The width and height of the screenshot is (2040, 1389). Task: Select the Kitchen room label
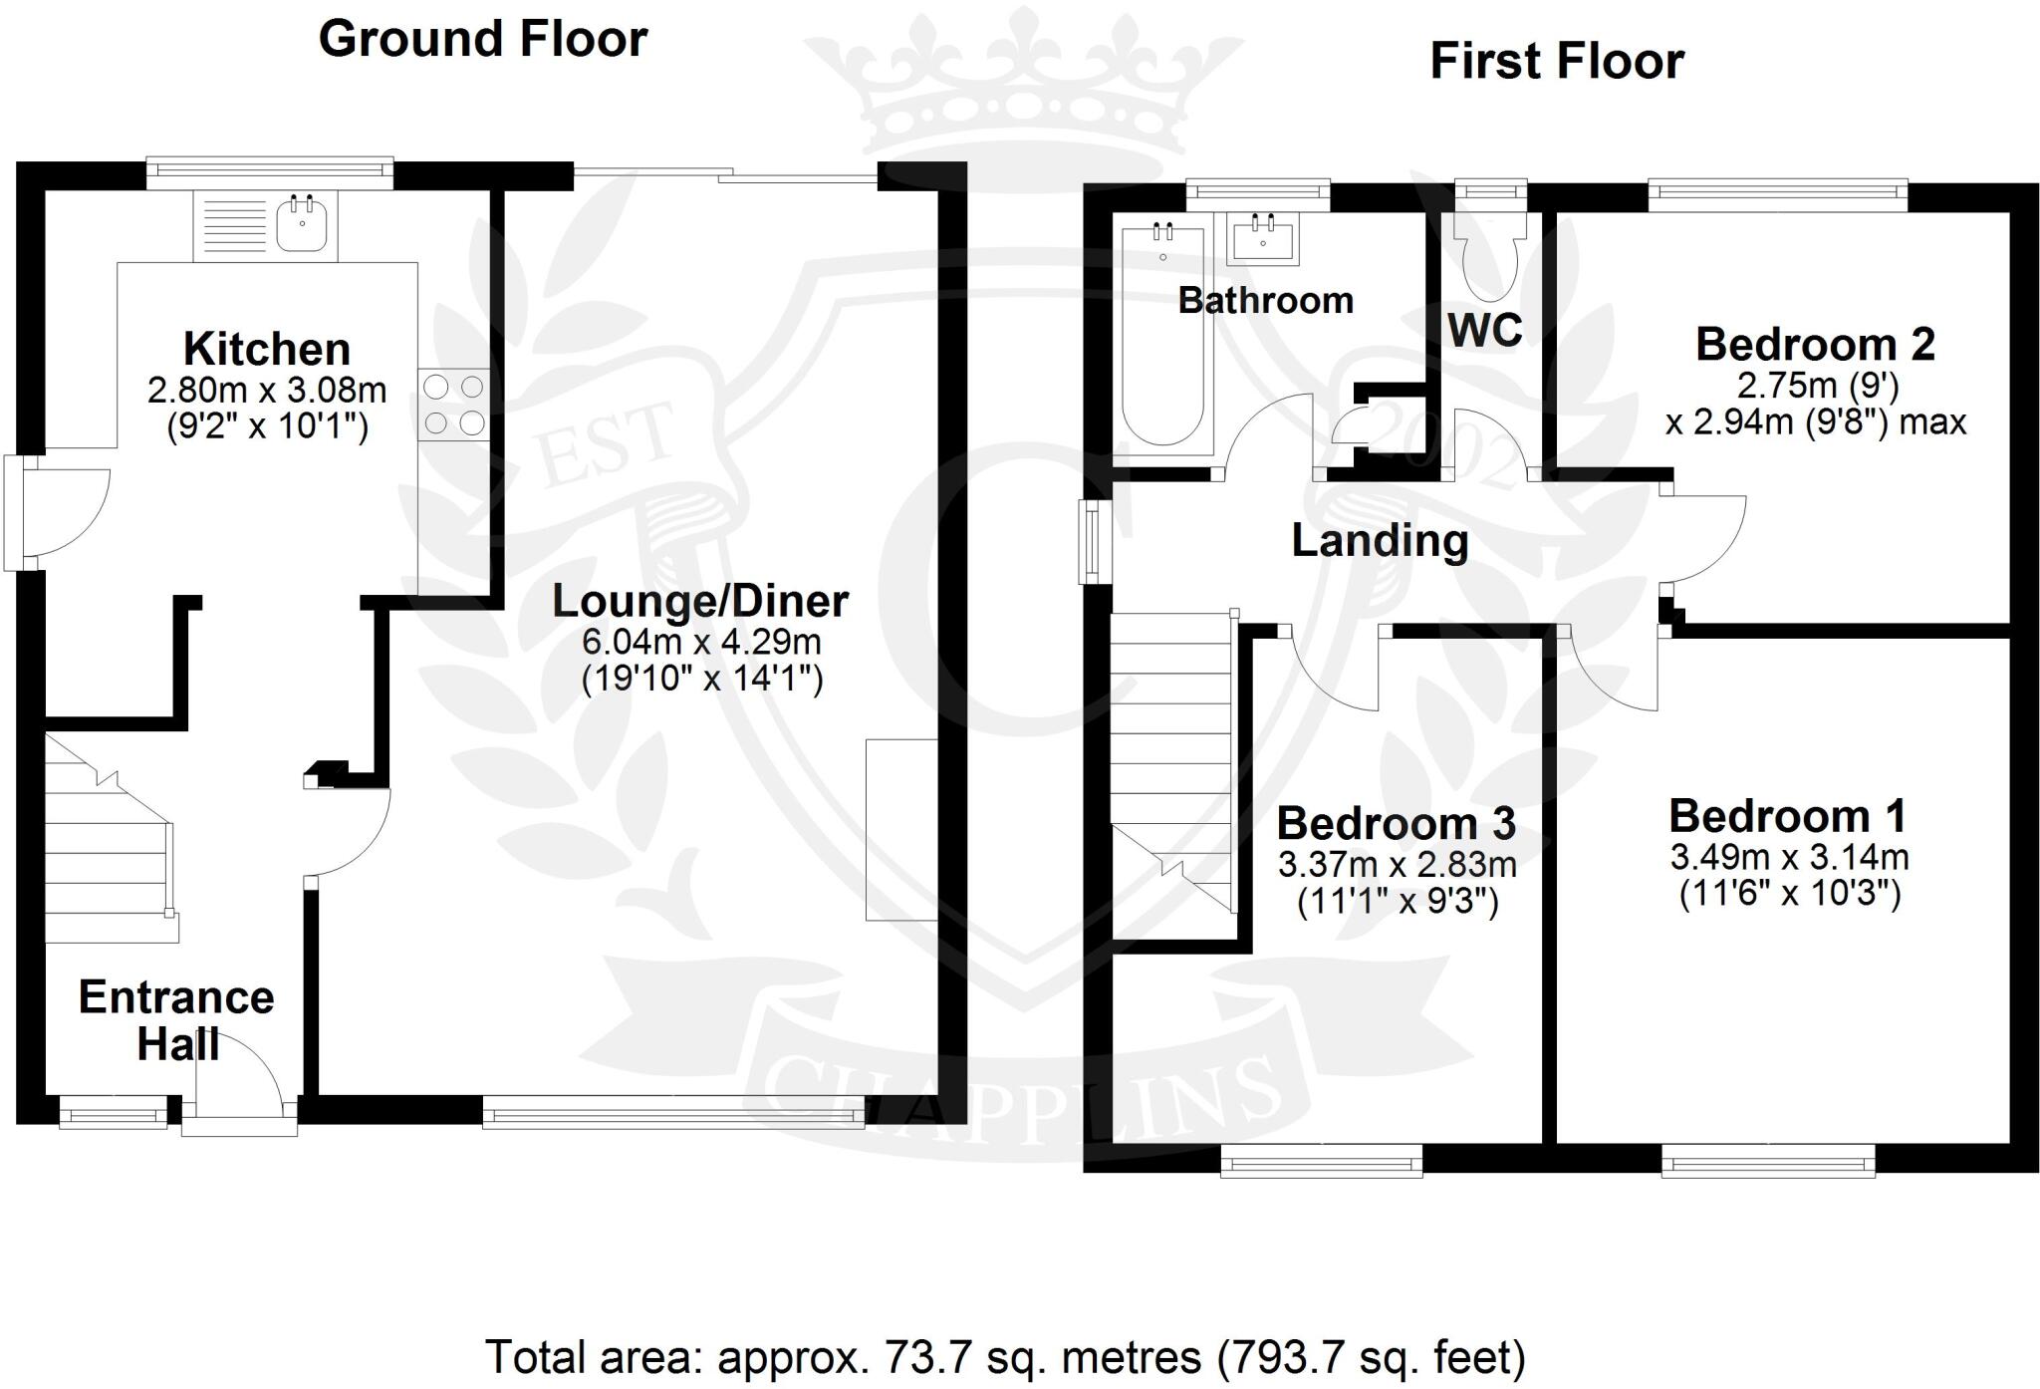point(267,350)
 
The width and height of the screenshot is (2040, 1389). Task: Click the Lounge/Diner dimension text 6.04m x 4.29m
point(701,641)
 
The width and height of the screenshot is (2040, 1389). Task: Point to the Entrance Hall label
point(176,1020)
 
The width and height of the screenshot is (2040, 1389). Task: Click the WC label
point(1485,330)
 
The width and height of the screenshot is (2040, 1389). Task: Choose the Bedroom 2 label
point(1815,345)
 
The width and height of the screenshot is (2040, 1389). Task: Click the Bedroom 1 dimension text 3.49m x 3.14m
point(1790,857)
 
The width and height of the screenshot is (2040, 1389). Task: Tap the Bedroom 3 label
point(1397,824)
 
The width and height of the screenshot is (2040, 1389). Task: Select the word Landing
point(1380,541)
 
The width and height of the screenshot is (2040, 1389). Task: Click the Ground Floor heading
point(483,39)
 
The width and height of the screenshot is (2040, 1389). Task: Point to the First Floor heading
point(1557,61)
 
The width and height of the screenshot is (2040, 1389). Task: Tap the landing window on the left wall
point(1094,541)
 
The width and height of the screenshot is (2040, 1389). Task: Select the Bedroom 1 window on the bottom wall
point(1768,1160)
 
